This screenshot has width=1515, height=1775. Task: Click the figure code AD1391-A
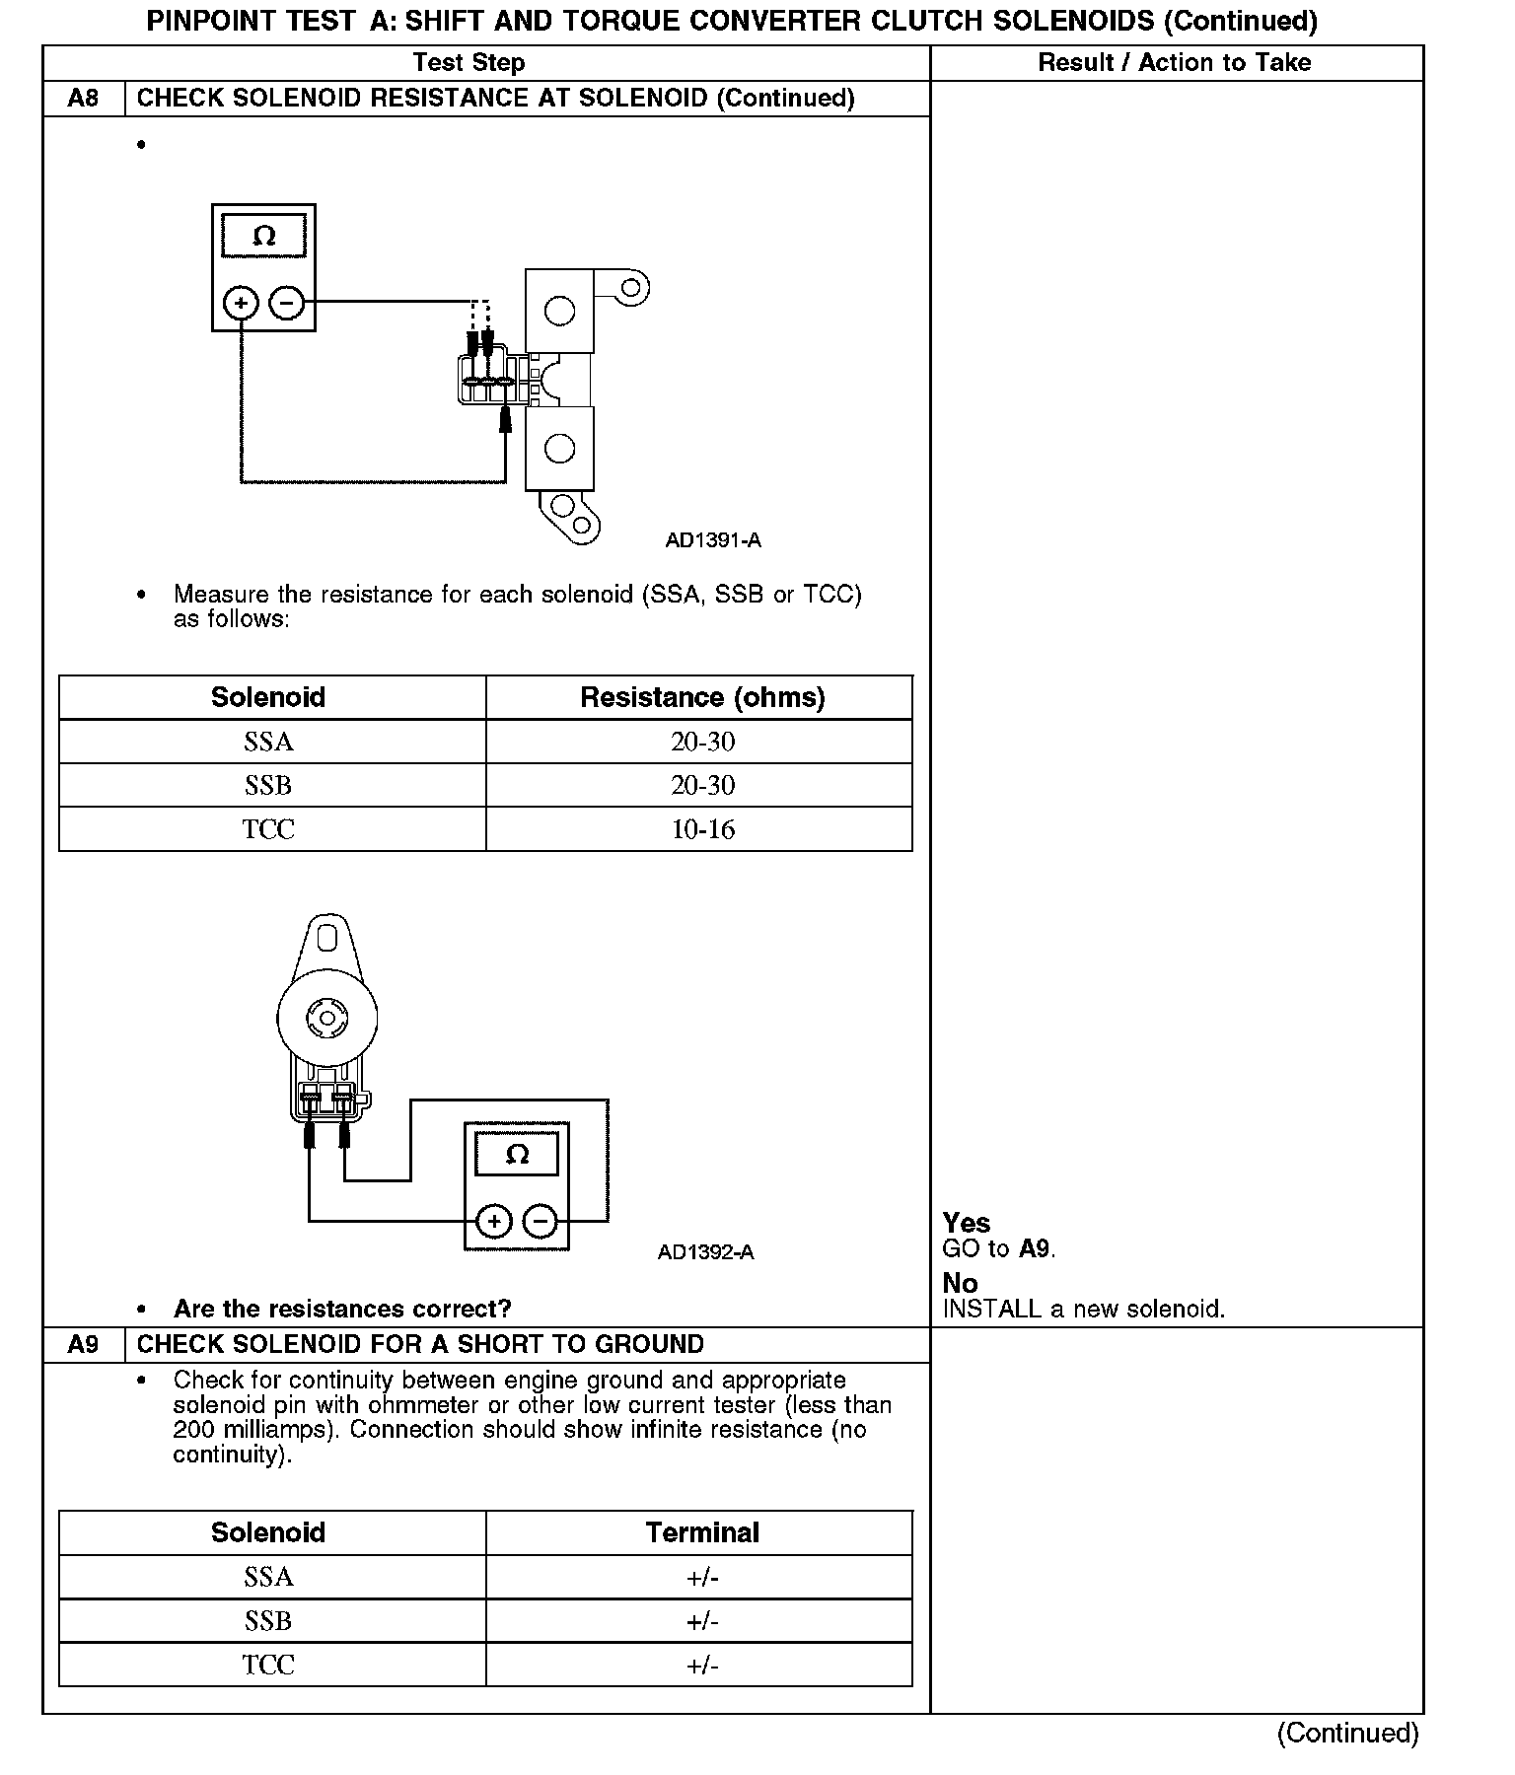tap(712, 540)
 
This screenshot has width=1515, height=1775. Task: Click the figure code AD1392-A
tap(705, 1252)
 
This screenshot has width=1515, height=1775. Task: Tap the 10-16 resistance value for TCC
tap(702, 829)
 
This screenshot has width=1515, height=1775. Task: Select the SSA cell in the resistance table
tap(268, 742)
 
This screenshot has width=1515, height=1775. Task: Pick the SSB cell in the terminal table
tap(268, 1621)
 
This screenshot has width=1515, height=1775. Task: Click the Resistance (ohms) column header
tap(702, 697)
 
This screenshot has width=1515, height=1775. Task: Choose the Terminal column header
tap(702, 1532)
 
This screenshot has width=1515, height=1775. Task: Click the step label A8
tap(84, 99)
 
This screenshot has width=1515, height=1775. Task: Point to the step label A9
tap(84, 1345)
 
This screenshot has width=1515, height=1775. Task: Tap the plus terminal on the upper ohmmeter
tap(241, 303)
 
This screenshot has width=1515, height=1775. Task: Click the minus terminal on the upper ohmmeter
tap(286, 303)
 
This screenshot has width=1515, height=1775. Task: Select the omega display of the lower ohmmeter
tap(517, 1154)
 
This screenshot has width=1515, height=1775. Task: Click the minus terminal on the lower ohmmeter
tap(540, 1223)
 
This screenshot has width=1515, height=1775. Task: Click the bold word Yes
tap(967, 1223)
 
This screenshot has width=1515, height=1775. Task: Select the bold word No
tap(960, 1283)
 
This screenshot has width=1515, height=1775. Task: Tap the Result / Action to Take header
tap(1175, 63)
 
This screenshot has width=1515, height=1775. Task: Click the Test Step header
tap(469, 63)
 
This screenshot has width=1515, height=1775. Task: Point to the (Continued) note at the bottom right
tap(1347, 1733)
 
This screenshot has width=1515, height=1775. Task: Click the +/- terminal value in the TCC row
tap(702, 1666)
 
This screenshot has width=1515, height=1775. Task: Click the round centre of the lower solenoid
tap(325, 1018)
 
